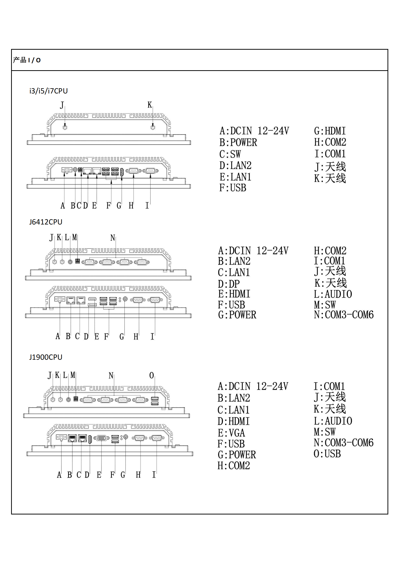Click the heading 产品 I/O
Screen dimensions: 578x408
(27, 60)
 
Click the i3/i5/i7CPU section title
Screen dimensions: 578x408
(49, 91)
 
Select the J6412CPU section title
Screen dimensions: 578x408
(46, 222)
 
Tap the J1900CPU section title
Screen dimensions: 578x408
(46, 357)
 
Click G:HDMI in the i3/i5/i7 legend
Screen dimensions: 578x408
(330, 131)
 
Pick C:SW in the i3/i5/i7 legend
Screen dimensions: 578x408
(230, 154)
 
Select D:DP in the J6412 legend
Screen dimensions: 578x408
(229, 284)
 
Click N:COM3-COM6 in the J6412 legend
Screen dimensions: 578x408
(344, 315)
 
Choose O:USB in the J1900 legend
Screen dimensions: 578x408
(327, 454)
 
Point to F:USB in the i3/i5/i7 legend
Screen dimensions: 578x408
(233, 188)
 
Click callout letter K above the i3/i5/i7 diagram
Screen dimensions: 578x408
(150, 105)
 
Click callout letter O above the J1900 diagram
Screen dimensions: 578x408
(152, 375)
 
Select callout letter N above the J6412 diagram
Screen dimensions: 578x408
(113, 238)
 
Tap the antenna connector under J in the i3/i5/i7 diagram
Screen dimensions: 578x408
(65, 127)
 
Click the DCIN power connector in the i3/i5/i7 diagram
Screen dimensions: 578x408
(67, 170)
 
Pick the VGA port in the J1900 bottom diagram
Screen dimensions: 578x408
(101, 438)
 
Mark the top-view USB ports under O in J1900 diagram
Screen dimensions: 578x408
(155, 401)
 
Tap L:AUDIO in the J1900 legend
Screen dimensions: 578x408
(333, 421)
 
